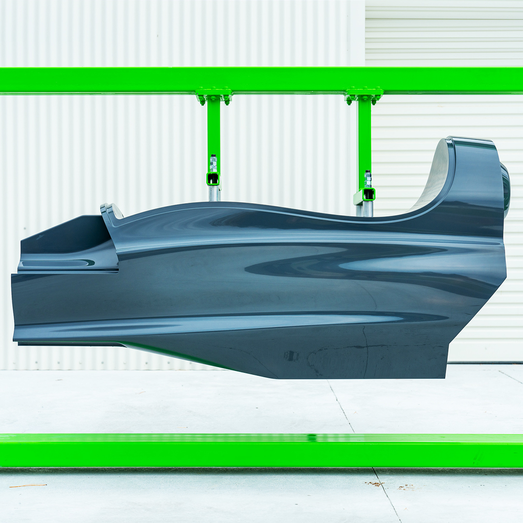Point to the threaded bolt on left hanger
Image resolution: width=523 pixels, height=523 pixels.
pos(214,163)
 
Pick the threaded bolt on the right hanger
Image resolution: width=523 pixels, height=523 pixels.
pos(368,179)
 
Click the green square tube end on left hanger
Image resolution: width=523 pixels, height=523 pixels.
pos(213,179)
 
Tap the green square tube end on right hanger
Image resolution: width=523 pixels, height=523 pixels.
pos(368,194)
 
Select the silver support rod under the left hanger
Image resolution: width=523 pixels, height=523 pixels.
pos(214,193)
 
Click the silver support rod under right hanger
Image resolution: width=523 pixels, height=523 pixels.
pos(367,209)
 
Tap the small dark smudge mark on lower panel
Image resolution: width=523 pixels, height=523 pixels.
pos(291,356)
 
